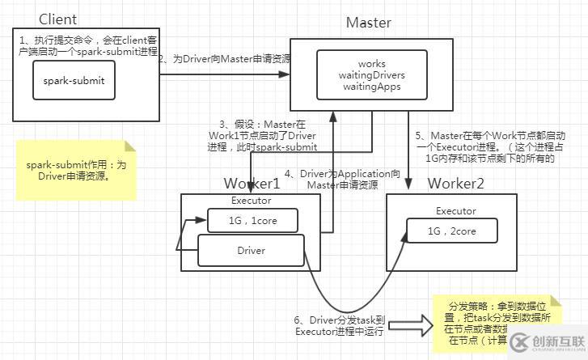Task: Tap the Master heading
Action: coord(368,23)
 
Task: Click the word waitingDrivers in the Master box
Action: coord(371,75)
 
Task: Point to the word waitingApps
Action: coord(371,87)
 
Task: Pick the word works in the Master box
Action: coord(371,64)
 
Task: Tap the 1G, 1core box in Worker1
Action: coord(252,219)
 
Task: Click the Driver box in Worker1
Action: coord(251,250)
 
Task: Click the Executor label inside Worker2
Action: coord(456,211)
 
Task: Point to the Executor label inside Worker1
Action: coord(251,200)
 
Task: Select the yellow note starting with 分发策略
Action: coord(490,323)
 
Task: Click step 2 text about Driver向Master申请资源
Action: coord(224,59)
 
